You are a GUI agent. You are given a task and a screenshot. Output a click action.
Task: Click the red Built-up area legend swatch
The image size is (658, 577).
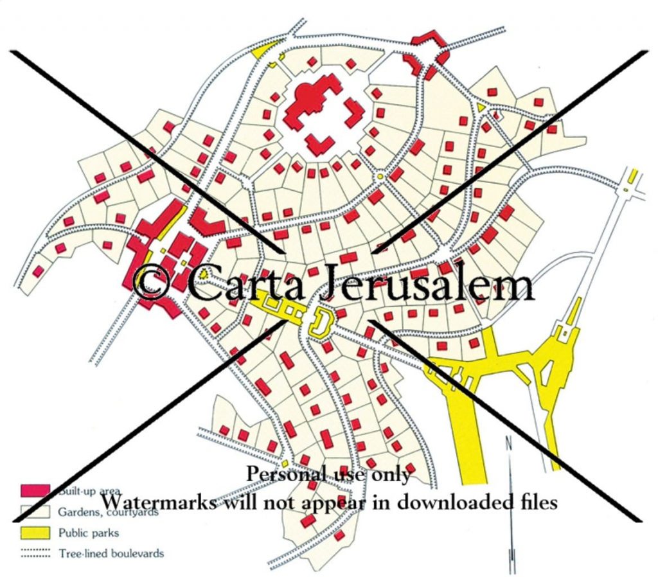36,490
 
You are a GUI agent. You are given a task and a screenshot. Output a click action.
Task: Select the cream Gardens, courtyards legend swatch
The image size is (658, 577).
36,512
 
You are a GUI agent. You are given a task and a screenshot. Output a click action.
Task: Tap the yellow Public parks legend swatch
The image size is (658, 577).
36,533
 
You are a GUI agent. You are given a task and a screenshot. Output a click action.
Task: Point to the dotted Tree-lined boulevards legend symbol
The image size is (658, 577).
36,553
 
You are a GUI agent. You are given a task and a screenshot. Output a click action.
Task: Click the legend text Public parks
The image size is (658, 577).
89,533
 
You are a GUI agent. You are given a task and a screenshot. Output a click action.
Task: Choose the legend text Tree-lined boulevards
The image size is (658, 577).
111,553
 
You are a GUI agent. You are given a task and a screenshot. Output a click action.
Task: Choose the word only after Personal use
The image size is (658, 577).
389,475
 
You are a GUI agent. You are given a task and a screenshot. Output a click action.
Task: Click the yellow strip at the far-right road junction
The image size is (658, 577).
633,175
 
